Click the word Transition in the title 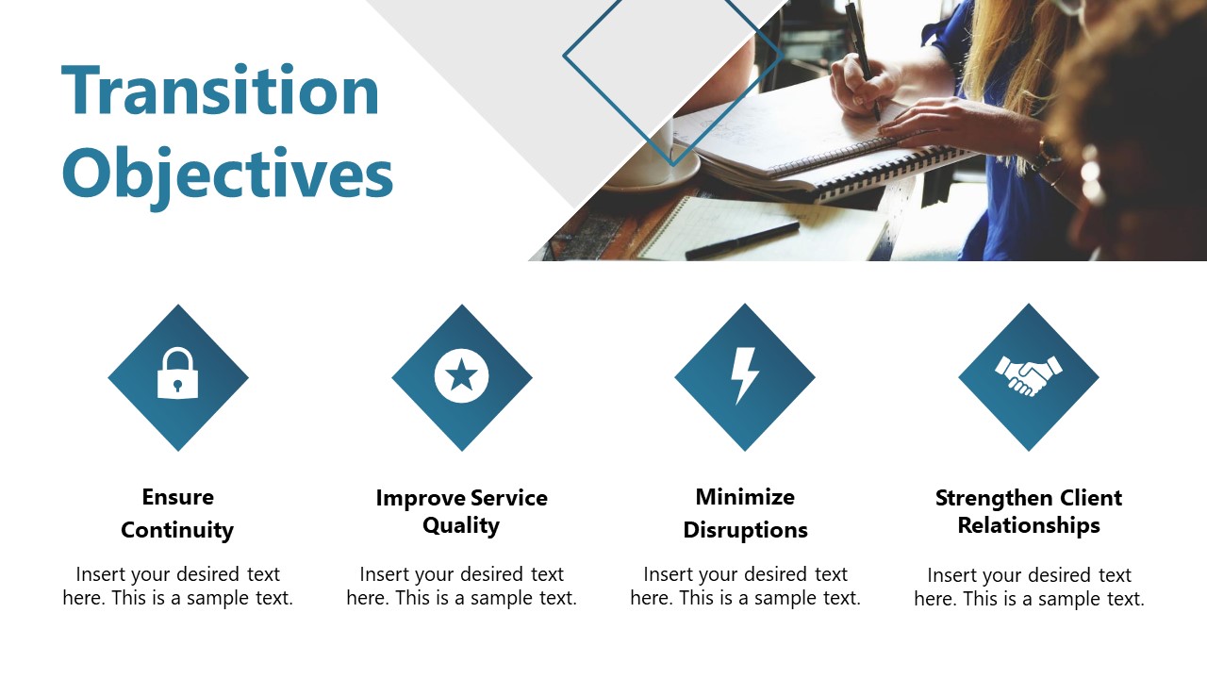(220, 91)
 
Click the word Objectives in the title (227, 174)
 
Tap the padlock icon (178, 374)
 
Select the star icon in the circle (461, 376)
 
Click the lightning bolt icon (745, 374)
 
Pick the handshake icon (1028, 374)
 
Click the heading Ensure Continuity (177, 513)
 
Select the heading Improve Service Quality (461, 511)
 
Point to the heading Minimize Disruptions (745, 513)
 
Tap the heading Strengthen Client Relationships (1029, 511)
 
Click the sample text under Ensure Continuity (177, 586)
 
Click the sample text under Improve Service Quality (461, 586)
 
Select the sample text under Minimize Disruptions (745, 586)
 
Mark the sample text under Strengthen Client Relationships (1029, 587)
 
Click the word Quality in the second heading (460, 525)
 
